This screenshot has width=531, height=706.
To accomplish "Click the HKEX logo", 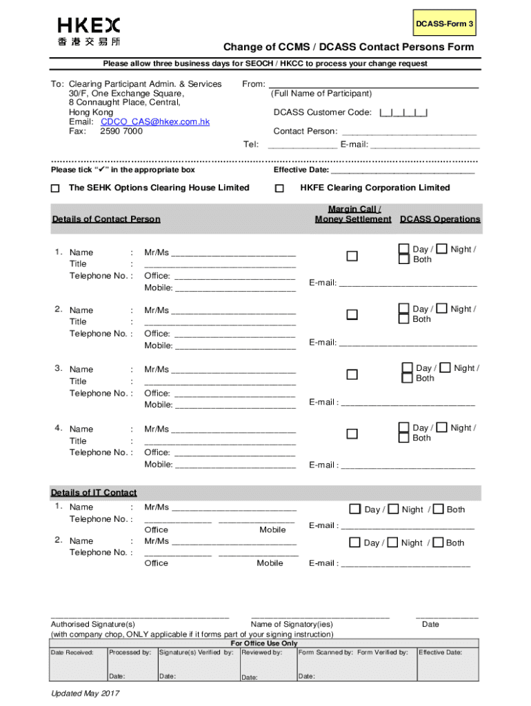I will point(88,30).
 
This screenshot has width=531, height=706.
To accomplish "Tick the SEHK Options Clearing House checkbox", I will point(56,188).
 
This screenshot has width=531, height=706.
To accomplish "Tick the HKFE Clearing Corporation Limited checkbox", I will point(279,188).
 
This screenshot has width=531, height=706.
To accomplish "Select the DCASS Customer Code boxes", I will point(403,112).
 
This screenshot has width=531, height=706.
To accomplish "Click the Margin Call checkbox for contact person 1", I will point(352,256).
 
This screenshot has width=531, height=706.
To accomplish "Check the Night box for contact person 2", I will point(442,309).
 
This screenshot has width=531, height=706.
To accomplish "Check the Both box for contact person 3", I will point(407,378).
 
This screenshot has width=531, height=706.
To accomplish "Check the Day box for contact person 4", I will point(403,427).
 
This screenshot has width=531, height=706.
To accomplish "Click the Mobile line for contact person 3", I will point(235,405).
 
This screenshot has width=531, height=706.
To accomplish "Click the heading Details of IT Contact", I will point(94,492).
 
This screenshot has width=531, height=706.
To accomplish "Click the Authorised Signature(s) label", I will point(93,624).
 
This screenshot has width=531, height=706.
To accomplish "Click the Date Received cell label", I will point(72,652).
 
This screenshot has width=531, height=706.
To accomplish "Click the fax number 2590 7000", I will point(121,131).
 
